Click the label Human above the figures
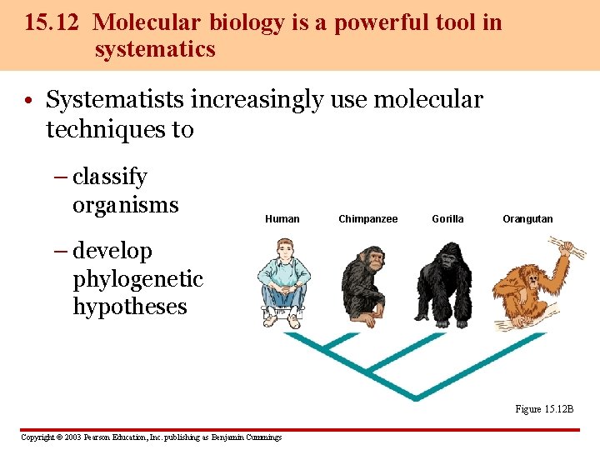point(282,219)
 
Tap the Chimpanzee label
point(367,219)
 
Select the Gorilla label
point(447,219)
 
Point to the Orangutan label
point(527,219)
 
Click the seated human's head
point(285,249)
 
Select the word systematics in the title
point(155,49)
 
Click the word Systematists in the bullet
point(114,100)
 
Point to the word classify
point(110,177)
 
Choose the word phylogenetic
point(137,278)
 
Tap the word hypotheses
point(129,307)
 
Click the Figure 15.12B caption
point(544,409)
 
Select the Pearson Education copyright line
point(151,437)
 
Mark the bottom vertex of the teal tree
point(414,398)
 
